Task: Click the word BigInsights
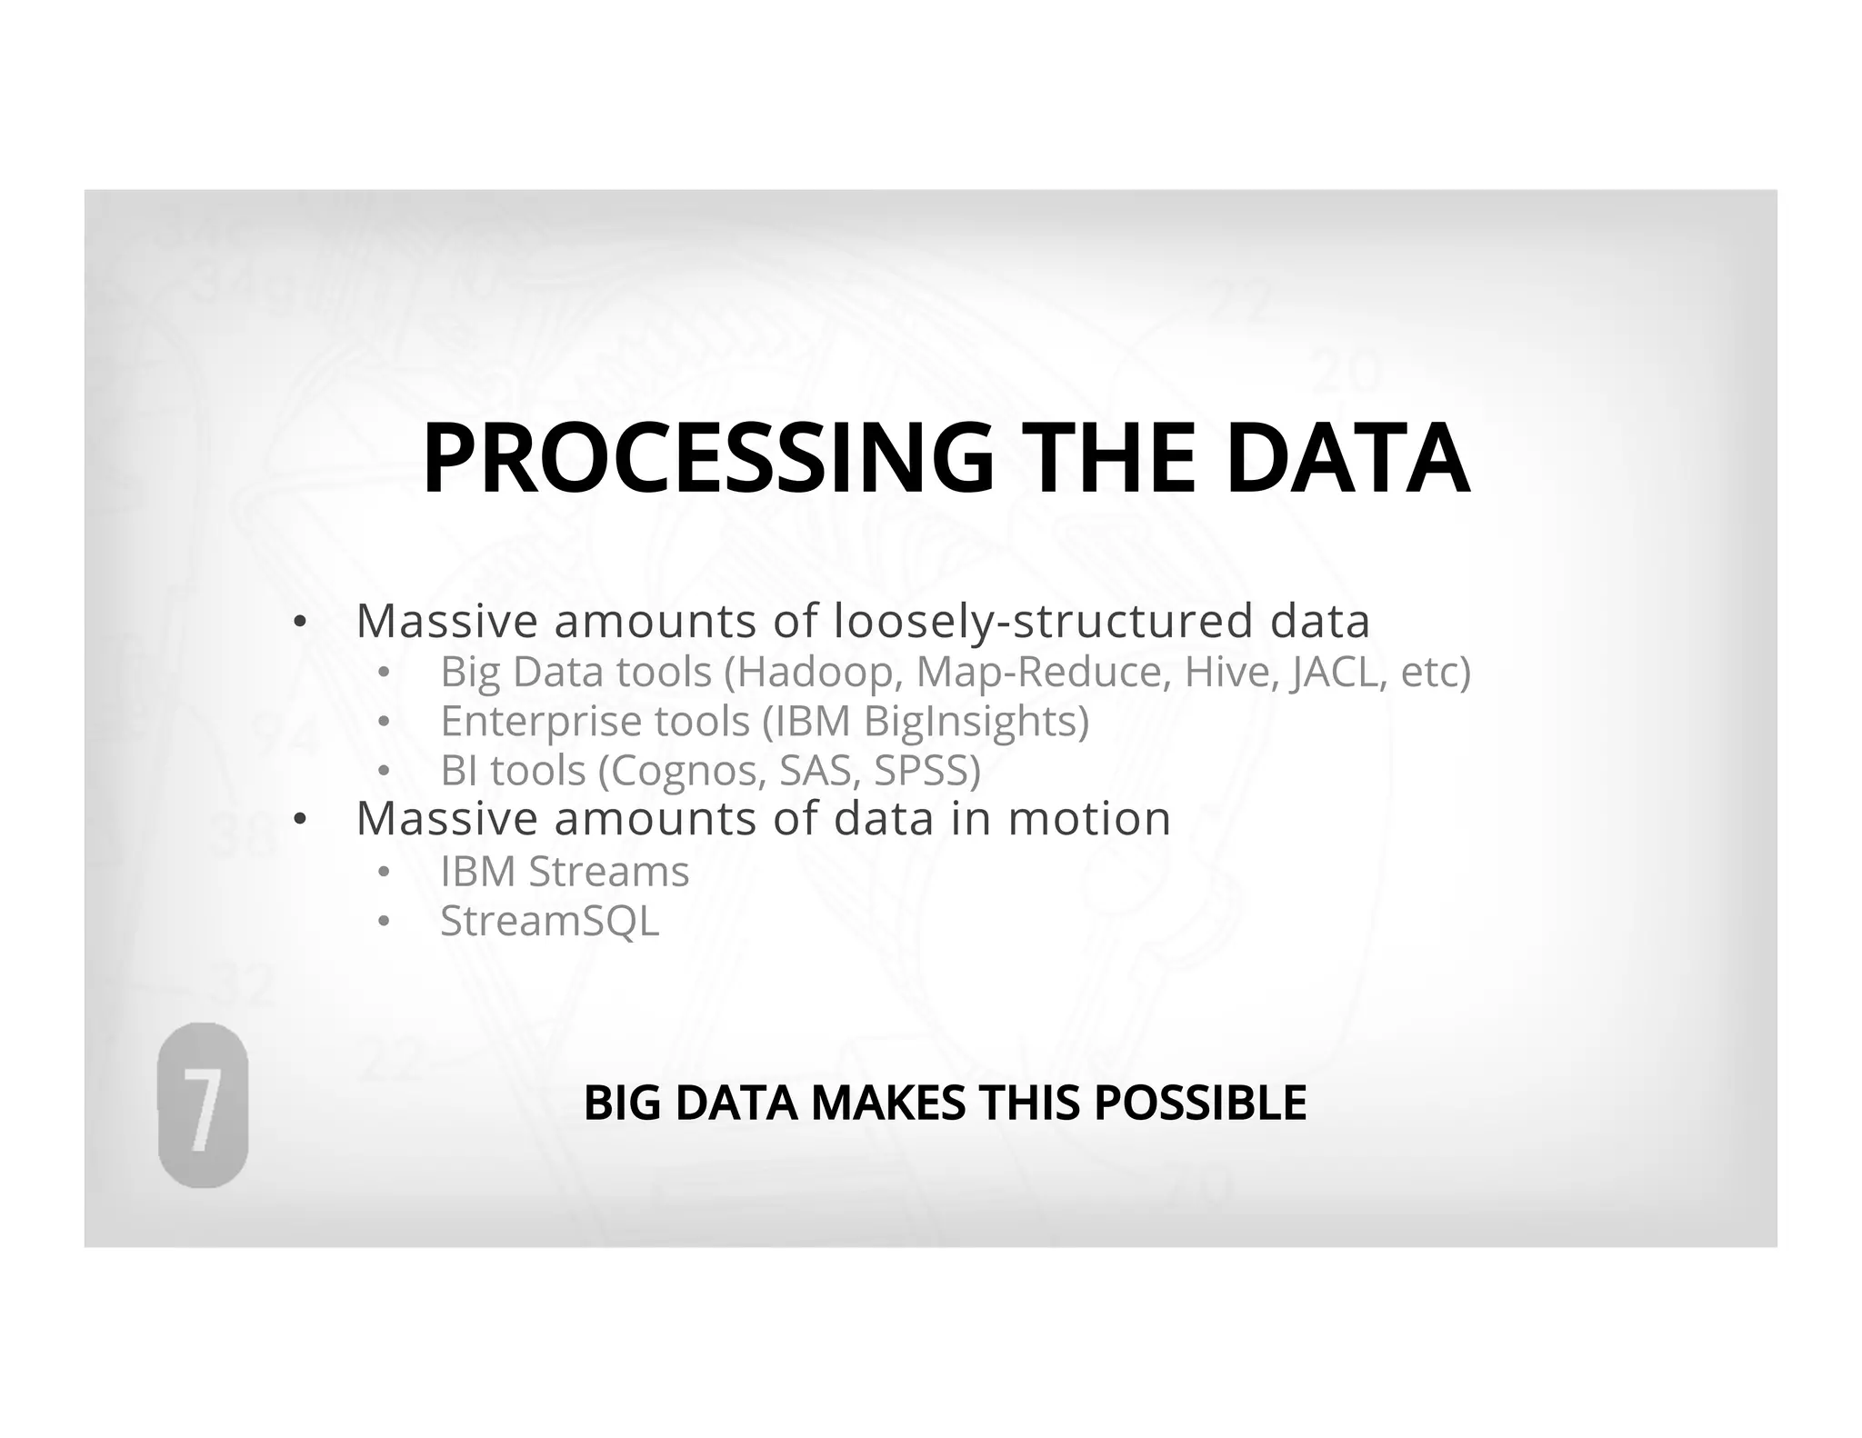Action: tap(976, 722)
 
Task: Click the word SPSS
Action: tap(926, 771)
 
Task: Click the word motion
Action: tap(1089, 818)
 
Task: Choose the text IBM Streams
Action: tap(565, 871)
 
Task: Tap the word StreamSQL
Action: tap(549, 921)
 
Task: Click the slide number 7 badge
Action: tap(203, 1105)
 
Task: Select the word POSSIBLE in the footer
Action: tap(1200, 1103)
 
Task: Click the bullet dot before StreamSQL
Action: tap(384, 922)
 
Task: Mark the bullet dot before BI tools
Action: tap(384, 772)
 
